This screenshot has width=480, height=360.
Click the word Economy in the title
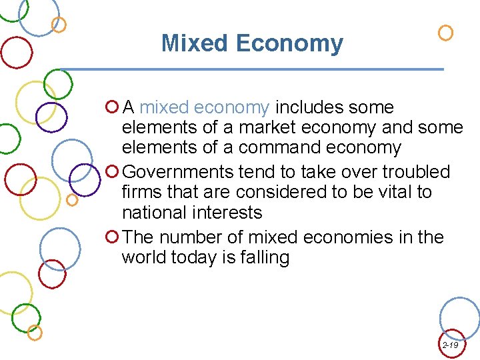coord(289,44)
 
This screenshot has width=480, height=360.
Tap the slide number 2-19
coord(450,345)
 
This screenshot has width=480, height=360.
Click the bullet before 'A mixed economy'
coord(112,107)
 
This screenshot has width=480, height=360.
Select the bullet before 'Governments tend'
coord(112,172)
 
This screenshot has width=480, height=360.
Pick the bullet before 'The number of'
coord(112,237)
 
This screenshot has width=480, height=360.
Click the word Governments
coord(178,172)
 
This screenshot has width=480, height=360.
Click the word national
coord(153,213)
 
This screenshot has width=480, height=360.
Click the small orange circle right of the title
coord(445,33)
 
